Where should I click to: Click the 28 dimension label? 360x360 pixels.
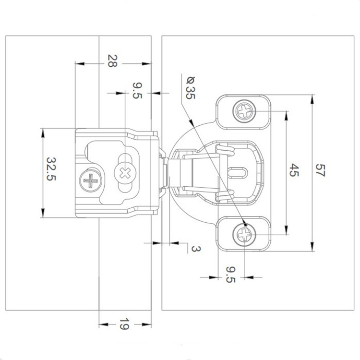pos(111,61)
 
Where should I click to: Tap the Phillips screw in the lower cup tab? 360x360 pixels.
pos(244,235)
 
